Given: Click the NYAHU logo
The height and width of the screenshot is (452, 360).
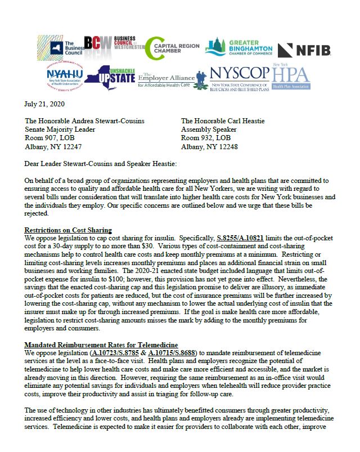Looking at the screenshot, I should coord(64,77).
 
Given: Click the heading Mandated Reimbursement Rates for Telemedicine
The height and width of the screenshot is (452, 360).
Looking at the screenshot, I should coord(101,344).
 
